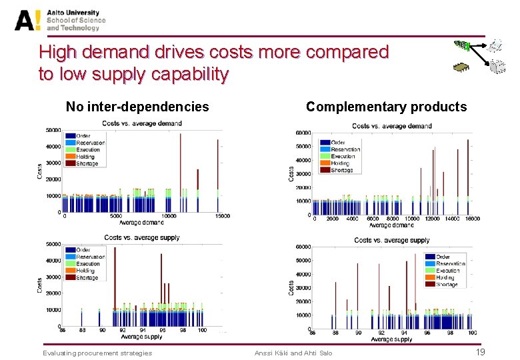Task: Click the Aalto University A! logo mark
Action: pos(29,20)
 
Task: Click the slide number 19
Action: pos(479,352)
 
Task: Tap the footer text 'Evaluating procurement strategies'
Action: pos(97,353)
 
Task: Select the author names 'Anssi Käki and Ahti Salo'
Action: pos(293,353)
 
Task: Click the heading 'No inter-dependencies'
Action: pos(137,107)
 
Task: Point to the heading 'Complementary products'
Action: pos(386,107)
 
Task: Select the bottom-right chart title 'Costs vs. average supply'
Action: pos(391,240)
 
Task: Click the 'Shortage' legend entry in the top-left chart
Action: pos(87,163)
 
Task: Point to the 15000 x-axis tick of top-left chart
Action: pos(223,216)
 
